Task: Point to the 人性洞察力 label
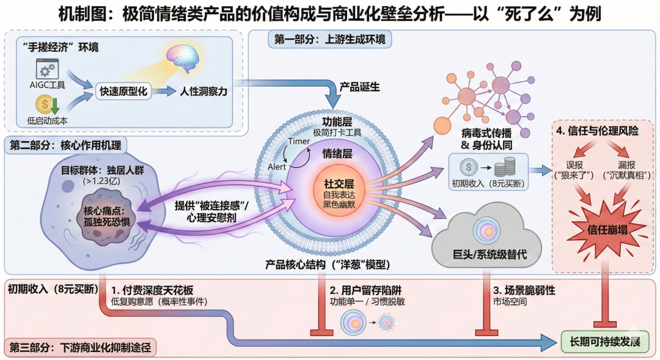(x=204, y=91)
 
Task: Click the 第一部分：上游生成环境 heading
(x=330, y=40)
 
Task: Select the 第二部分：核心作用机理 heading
(x=65, y=145)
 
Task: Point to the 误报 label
(x=573, y=166)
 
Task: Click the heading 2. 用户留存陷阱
(x=365, y=290)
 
